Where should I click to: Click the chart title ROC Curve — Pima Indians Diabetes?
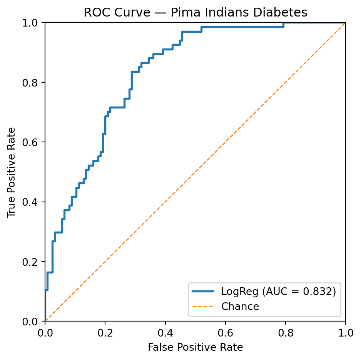coord(195,13)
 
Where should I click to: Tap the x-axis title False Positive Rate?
coord(195,348)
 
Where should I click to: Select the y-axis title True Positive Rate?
coord(12,172)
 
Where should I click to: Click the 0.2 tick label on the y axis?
coord(33,262)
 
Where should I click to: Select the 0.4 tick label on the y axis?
coord(33,202)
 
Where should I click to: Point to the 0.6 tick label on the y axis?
coord(33,142)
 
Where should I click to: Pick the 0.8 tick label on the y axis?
coord(33,82)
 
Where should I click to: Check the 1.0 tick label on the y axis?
coord(33,23)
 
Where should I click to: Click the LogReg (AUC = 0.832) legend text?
coord(278,292)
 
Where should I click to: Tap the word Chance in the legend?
coord(240,307)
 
